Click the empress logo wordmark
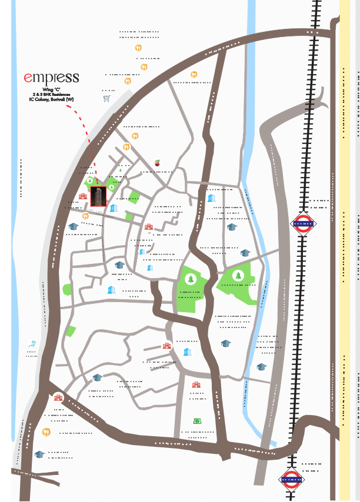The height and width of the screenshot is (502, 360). coord(51,78)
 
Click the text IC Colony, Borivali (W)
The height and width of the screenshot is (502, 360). coord(51,99)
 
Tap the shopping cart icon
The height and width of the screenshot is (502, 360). coord(106,99)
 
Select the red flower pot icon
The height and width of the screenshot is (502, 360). coord(157,162)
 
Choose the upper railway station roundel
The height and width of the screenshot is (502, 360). coord(303,223)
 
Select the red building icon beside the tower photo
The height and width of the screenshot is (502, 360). coord(83,196)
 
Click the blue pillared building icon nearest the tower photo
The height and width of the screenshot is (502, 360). coord(113,209)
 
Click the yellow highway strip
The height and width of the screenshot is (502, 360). coord(345,235)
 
